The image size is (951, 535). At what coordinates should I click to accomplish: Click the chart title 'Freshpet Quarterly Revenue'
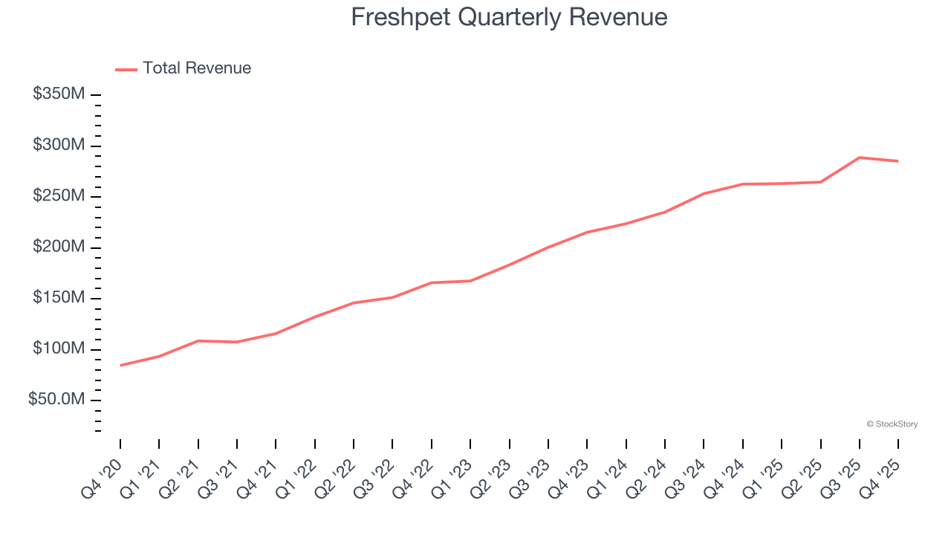pos(509,17)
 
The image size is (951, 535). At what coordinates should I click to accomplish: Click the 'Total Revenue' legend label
pos(197,68)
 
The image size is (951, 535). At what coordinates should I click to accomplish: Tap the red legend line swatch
pos(126,70)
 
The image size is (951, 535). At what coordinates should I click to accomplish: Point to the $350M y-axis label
pos(59,94)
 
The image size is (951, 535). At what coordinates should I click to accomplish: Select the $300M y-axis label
pos(59,145)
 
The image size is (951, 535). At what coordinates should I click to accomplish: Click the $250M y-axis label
pos(59,196)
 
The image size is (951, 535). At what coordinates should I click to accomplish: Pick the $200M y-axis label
pos(59,247)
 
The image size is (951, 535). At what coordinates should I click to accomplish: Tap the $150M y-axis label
pos(59,298)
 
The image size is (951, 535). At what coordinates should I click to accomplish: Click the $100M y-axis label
pos(59,348)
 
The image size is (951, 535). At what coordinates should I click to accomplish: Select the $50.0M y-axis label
pos(56,400)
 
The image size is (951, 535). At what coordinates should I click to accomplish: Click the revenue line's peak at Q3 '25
pos(860,158)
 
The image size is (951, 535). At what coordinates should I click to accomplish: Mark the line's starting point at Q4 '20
pos(120,365)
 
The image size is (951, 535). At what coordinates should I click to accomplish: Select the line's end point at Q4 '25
pos(898,161)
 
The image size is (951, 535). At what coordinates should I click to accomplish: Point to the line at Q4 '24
pos(743,184)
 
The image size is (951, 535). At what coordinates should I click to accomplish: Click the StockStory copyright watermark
pos(892,424)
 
